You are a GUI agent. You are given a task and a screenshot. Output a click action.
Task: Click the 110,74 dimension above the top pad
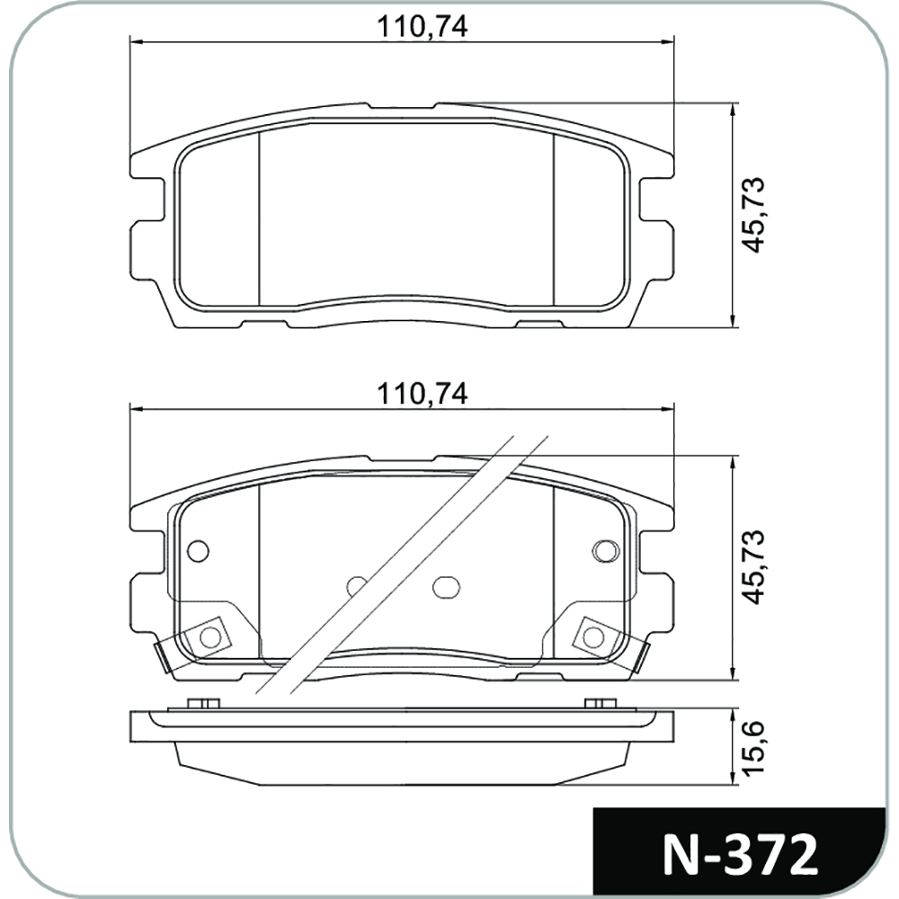(422, 27)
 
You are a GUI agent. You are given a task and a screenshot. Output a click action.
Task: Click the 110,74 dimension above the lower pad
(422, 394)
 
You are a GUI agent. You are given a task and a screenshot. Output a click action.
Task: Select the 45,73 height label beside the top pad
(752, 215)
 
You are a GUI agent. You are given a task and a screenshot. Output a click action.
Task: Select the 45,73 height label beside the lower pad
(752, 566)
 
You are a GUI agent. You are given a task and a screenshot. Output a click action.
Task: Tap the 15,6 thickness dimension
(752, 747)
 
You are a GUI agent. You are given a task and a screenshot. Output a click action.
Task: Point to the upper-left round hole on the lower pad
(199, 551)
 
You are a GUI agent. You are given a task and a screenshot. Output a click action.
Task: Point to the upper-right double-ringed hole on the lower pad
(606, 551)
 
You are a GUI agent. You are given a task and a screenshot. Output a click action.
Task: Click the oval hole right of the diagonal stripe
(446, 586)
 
